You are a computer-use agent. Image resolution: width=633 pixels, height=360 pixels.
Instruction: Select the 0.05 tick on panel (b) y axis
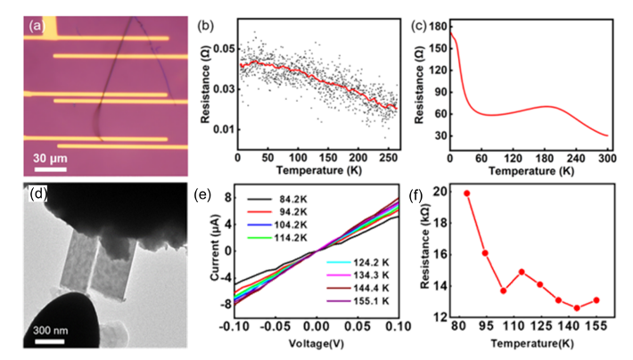pos(218,46)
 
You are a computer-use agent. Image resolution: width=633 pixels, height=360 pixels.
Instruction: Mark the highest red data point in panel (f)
pos(466,192)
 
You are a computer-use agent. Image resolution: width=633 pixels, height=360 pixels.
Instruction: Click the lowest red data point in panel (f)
pos(577,308)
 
